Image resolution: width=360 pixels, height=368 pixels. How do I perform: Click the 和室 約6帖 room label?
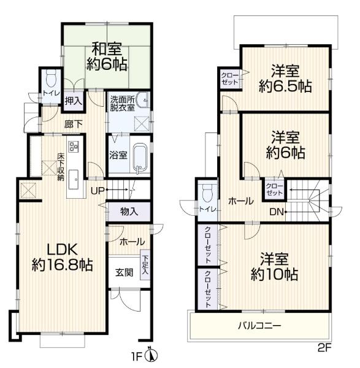(107, 55)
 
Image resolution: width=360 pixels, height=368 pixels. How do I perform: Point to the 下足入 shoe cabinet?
(145, 266)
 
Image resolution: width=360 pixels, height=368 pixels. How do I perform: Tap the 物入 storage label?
(128, 212)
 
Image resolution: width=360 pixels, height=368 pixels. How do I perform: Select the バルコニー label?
(259, 325)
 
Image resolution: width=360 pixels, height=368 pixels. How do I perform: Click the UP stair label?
(98, 191)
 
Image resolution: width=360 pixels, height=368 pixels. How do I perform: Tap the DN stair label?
(277, 212)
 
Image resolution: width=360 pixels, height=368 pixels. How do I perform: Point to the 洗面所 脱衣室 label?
(121, 102)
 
